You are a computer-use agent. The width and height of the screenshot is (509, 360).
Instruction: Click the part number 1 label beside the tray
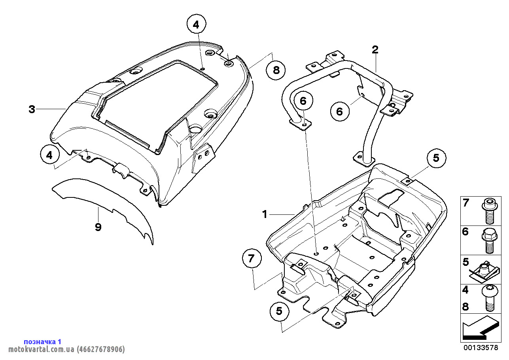[265, 214]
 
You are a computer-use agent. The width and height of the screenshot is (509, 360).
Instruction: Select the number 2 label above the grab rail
[375, 49]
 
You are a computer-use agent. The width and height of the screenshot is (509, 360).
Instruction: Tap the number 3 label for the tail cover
[32, 109]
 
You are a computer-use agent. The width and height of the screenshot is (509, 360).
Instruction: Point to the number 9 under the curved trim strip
[98, 227]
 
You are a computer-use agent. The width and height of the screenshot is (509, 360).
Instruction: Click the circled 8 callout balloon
[276, 70]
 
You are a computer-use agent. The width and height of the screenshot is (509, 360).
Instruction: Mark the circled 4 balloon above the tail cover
[197, 25]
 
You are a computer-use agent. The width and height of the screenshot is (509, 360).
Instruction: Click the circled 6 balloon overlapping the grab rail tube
[303, 101]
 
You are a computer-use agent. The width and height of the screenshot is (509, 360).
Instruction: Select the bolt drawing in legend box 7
[487, 210]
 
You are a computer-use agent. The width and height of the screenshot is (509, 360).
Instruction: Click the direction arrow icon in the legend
[479, 328]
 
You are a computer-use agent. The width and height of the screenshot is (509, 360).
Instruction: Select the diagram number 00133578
[480, 348]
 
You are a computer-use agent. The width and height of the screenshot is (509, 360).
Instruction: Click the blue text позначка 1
[43, 341]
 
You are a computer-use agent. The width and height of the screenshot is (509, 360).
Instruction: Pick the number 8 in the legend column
[465, 307]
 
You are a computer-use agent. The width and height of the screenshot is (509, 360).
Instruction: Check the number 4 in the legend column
[465, 290]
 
